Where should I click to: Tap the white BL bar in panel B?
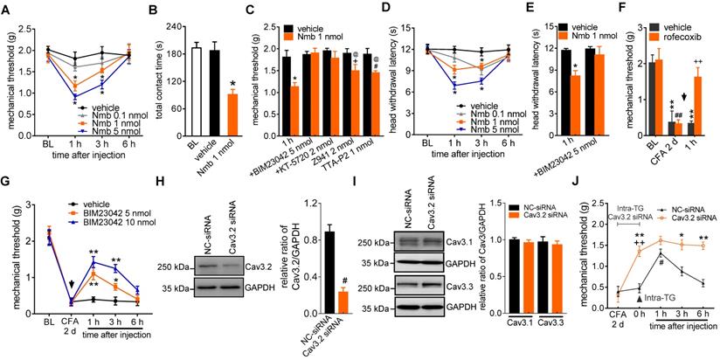coord(172,88)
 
